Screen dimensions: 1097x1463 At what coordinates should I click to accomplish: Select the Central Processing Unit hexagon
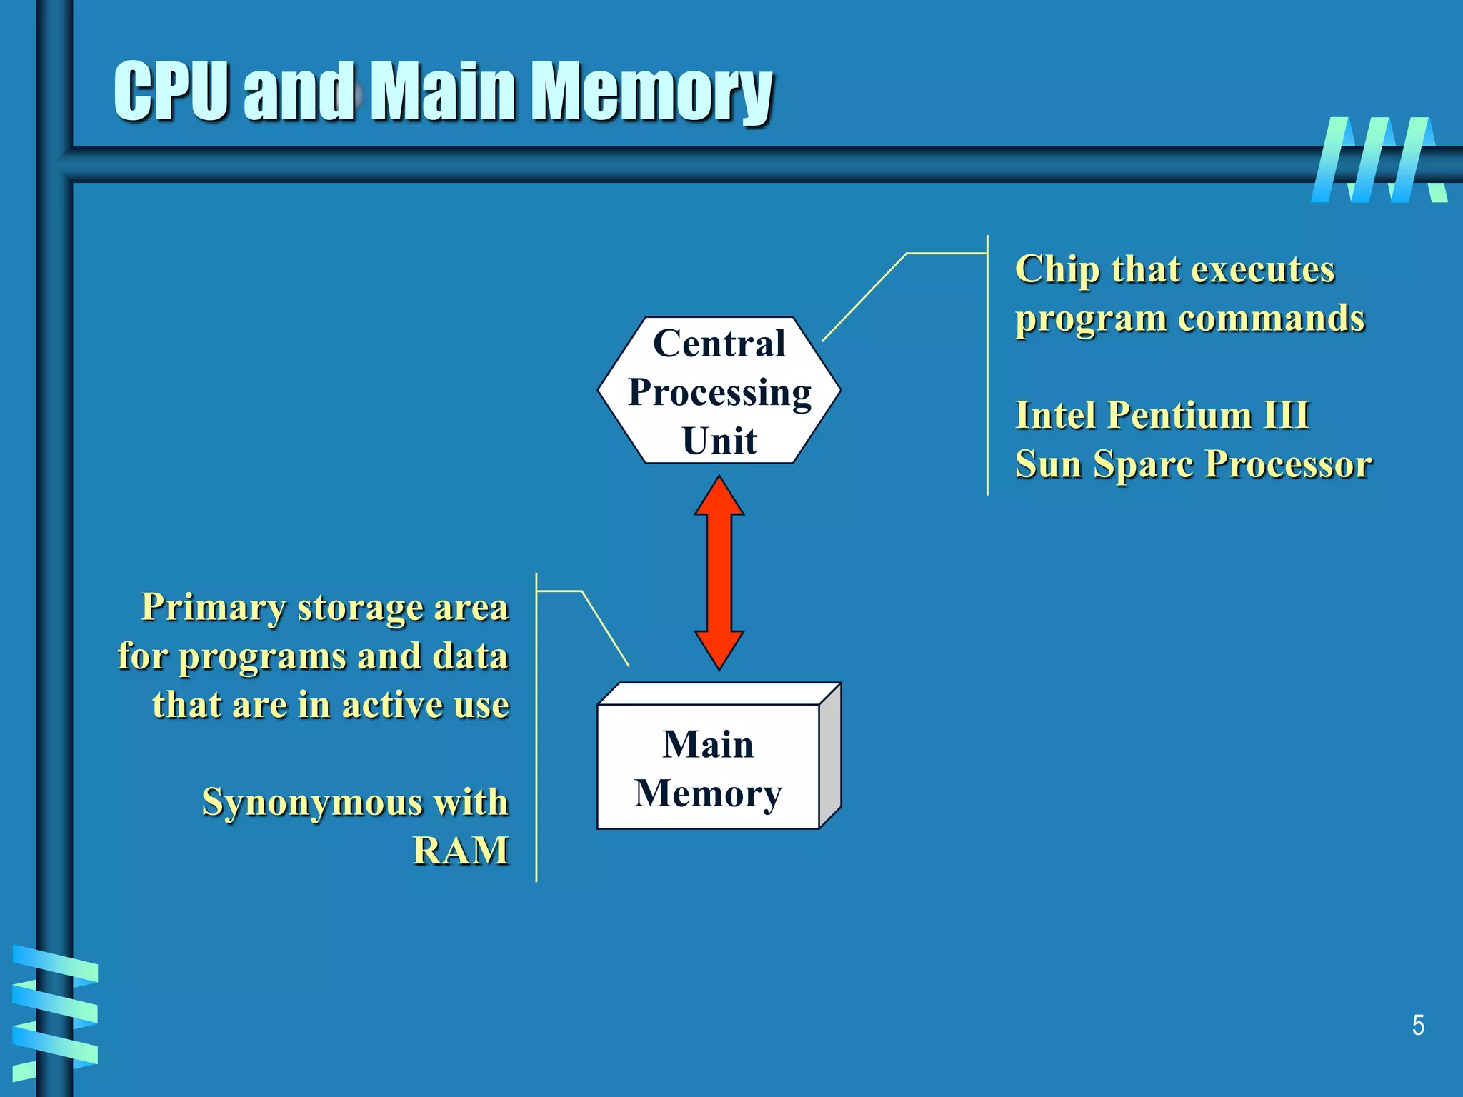tap(719, 391)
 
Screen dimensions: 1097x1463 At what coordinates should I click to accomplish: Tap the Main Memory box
tap(707, 768)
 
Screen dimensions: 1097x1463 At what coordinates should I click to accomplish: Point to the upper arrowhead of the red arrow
tap(719, 496)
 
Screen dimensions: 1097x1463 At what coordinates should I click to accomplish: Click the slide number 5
tap(1418, 1026)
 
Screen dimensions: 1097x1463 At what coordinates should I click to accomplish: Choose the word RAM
tap(461, 851)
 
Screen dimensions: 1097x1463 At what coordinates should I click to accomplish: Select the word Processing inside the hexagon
tap(719, 392)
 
